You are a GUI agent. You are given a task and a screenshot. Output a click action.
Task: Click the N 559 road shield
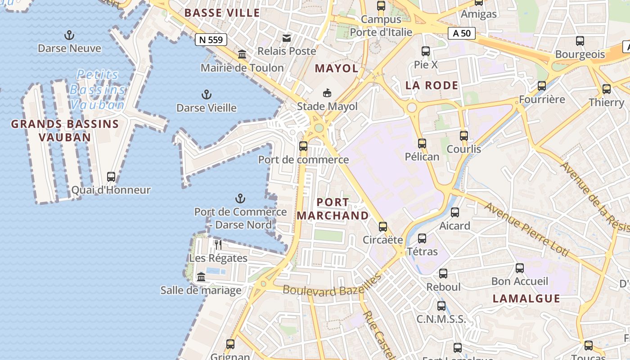pos(211,40)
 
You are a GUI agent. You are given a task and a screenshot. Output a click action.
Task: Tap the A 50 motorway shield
pos(462,33)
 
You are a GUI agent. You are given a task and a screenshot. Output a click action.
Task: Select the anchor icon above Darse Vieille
pos(206,94)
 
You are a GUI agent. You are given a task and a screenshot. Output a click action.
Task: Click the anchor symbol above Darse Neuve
pos(69,35)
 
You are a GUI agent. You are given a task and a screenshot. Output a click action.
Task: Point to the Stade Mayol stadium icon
pos(327,93)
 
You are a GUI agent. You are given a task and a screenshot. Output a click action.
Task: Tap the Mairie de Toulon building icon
pos(242,54)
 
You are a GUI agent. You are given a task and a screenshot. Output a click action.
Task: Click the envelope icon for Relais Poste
pos(287,38)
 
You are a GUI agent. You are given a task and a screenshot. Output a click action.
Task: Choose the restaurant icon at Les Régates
pos(218,245)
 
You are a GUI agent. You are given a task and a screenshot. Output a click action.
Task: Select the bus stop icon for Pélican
pos(422,144)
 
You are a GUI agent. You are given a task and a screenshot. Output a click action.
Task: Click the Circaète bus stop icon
pos(382,226)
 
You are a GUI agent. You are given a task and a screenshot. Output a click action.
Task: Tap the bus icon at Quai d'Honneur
pos(111,176)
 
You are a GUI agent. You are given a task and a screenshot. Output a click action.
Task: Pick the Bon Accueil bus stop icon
pos(520,268)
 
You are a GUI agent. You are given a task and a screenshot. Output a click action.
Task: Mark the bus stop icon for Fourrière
pos(542,86)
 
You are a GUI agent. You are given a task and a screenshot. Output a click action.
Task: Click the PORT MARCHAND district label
pos(333,209)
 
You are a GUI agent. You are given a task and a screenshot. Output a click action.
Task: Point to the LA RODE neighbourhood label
pos(432,85)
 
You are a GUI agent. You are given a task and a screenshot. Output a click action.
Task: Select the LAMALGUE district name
pos(526,298)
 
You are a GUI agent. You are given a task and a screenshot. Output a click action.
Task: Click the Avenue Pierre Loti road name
pos(526,230)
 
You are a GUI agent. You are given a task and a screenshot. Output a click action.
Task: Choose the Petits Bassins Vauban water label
pos(97,90)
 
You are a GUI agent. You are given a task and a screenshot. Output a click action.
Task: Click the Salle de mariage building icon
pos(201,277)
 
